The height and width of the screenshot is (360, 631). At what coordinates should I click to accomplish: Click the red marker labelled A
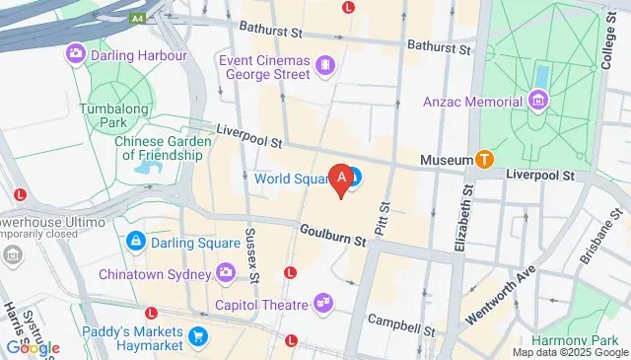point(342,180)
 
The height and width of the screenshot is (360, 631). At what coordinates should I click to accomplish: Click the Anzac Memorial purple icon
point(537,101)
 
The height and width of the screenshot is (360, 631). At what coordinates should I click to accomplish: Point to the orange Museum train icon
point(484,158)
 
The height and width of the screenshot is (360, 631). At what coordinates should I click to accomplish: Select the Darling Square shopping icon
point(136,242)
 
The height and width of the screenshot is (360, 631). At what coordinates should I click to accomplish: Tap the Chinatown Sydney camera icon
point(226,271)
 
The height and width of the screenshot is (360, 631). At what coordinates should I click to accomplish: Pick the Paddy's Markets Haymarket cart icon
point(198,335)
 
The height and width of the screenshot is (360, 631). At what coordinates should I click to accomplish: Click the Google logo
point(33,347)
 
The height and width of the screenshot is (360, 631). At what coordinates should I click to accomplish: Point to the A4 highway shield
point(138,19)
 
